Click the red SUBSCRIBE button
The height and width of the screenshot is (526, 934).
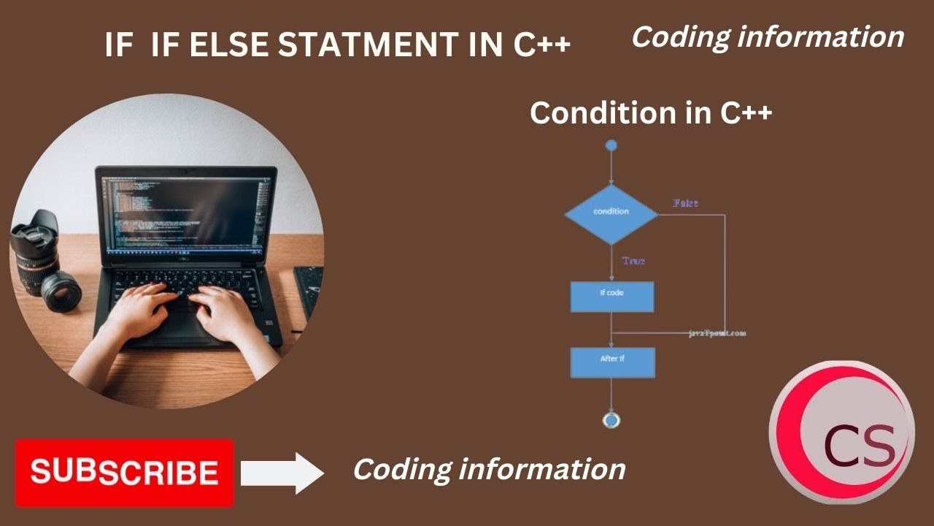tap(124, 473)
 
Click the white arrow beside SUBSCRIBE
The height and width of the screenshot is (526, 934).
tap(282, 473)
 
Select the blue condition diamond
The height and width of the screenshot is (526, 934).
tap(611, 212)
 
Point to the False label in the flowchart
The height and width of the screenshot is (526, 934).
tap(685, 202)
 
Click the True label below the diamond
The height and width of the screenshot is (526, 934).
tap(633, 260)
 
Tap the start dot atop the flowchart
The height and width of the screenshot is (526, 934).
tap(611, 145)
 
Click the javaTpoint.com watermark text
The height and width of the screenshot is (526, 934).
tap(717, 333)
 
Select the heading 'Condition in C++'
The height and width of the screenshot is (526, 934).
tap(651, 113)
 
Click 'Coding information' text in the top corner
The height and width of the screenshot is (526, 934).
tap(767, 37)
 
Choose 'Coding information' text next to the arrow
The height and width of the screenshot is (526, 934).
tap(489, 469)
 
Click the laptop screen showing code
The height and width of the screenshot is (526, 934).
tap(186, 212)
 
